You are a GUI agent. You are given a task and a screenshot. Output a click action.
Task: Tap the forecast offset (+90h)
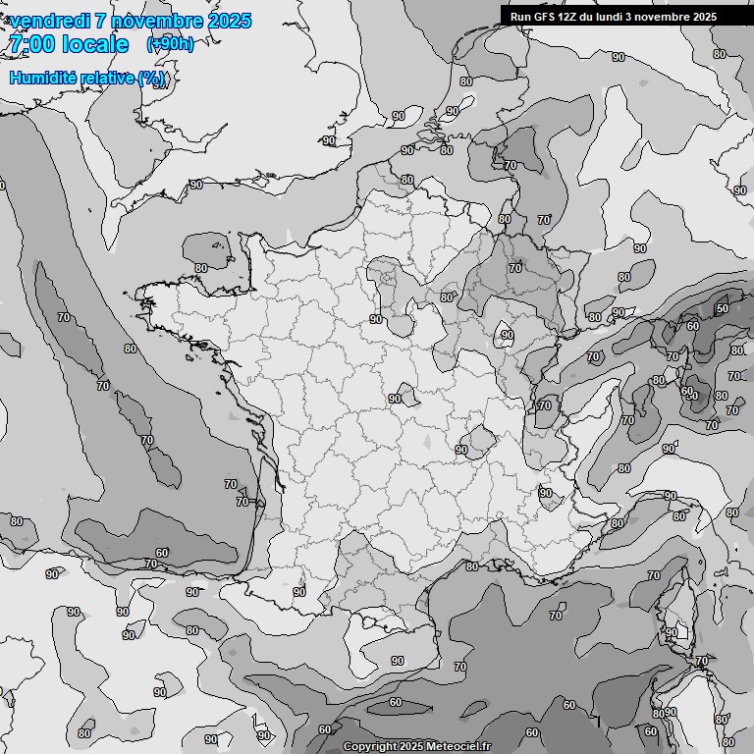[170, 44]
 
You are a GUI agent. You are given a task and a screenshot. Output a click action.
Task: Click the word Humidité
[42, 79]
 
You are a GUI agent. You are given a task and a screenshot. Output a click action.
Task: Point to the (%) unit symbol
[152, 79]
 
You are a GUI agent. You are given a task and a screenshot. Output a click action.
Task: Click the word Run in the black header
[520, 17]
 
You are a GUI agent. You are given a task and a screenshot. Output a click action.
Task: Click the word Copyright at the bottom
[369, 747]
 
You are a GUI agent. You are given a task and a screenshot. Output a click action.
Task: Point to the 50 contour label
[722, 309]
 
